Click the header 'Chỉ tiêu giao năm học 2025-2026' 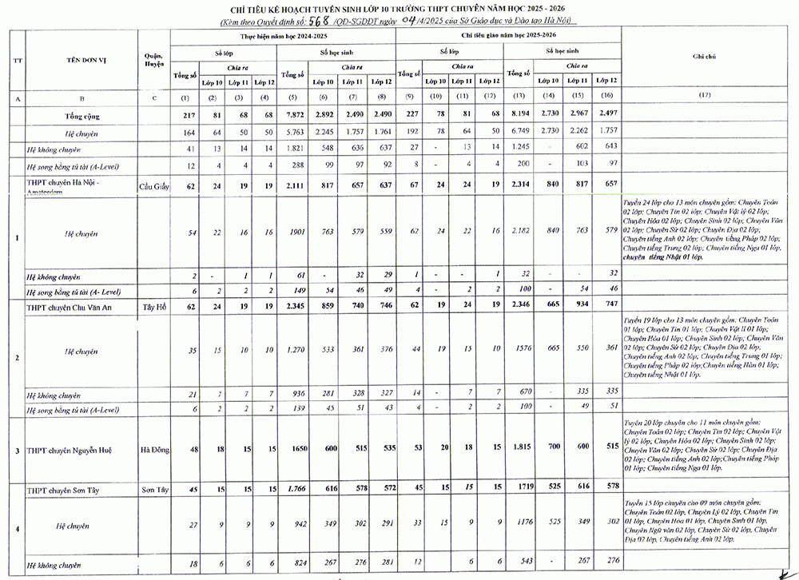(x=506, y=37)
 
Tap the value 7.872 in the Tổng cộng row (x=293, y=117)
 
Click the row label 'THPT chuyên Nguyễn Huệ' (x=69, y=450)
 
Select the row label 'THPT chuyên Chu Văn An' (x=70, y=306)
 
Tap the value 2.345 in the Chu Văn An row (x=293, y=306)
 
